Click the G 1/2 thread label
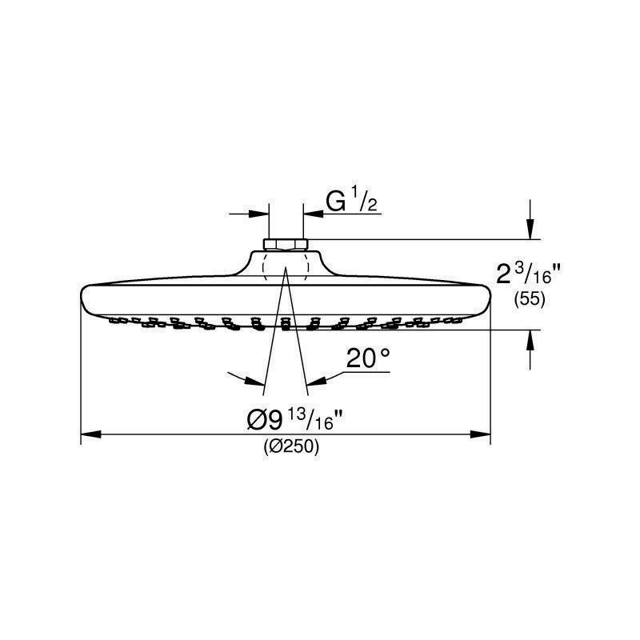[352, 202]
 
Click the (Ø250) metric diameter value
[291, 446]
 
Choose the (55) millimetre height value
[530, 299]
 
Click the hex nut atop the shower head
[286, 245]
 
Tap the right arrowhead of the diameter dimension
[481, 434]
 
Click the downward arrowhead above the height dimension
[530, 229]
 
